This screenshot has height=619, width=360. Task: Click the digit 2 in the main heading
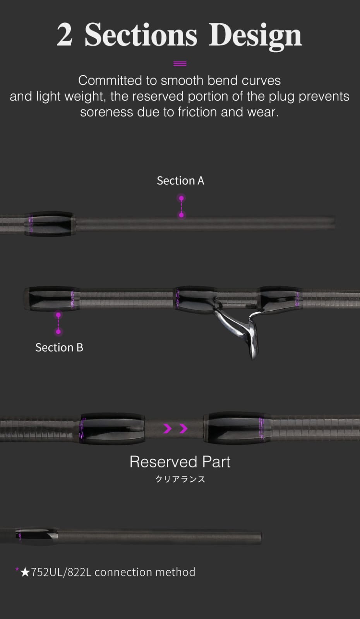[x=65, y=35]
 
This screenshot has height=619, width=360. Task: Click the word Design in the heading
[x=255, y=36]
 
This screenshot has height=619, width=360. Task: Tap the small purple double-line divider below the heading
[x=180, y=64]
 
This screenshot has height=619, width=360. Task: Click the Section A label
[x=180, y=181]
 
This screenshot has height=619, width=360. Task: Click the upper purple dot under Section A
[x=181, y=198]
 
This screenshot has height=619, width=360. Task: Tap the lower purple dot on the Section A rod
[x=181, y=215]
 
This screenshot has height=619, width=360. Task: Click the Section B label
[x=59, y=347]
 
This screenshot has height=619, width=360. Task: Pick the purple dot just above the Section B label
[x=58, y=332]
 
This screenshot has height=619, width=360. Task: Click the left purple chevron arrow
[x=168, y=428]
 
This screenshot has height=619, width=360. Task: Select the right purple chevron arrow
[x=184, y=428]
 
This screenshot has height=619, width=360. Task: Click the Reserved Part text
[x=180, y=462]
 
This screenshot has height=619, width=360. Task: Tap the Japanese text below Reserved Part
[x=180, y=479]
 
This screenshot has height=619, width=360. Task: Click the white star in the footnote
[x=25, y=572]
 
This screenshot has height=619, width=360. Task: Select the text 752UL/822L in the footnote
[x=61, y=572]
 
